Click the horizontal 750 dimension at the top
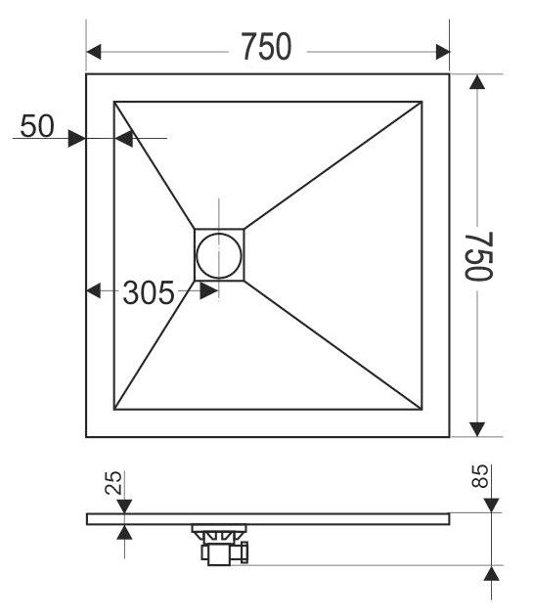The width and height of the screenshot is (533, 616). click(266, 46)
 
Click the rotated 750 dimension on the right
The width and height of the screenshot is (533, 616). click(479, 256)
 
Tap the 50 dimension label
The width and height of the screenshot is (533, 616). click(37, 126)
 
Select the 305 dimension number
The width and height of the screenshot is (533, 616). click(149, 292)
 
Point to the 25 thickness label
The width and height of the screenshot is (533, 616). click(113, 482)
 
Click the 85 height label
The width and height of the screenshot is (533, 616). click(480, 476)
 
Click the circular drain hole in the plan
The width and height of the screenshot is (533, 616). click(219, 255)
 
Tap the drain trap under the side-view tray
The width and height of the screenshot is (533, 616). click(220, 545)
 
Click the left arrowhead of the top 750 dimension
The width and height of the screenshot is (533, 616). click(94, 52)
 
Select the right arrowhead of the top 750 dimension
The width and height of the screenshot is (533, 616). click(443, 52)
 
